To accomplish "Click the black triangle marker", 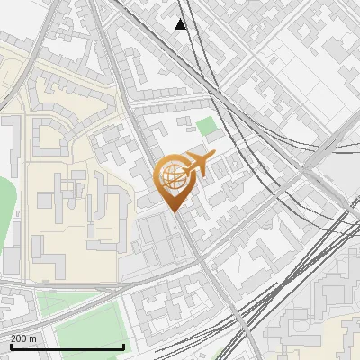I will click(182, 24).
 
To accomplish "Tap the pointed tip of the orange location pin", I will click(175, 211).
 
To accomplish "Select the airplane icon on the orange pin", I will click(196, 165).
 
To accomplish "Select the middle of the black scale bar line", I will click(67, 346).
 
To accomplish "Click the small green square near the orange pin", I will click(208, 126).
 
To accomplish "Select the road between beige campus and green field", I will click(72, 288).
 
